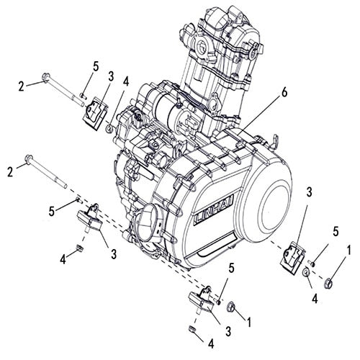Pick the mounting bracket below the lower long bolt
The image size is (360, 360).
[x=94, y=217]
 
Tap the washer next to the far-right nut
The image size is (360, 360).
[x=307, y=273]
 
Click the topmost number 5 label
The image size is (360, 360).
[x=95, y=66]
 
